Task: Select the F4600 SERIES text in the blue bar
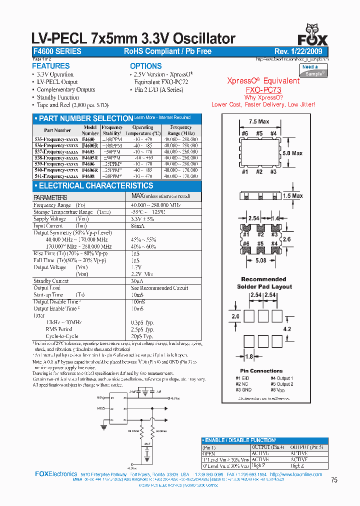(x=56, y=51)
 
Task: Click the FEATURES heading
(x=51, y=66)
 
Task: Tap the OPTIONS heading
(x=146, y=66)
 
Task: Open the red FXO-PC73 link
(x=263, y=90)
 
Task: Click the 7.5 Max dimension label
(x=259, y=121)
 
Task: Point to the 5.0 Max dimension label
(x=292, y=153)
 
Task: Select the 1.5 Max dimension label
(x=293, y=195)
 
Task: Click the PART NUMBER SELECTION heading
(x=86, y=118)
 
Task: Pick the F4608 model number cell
(x=89, y=176)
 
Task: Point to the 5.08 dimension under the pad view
(x=261, y=260)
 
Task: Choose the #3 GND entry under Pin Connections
(x=243, y=389)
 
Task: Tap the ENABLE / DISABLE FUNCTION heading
(x=240, y=440)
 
